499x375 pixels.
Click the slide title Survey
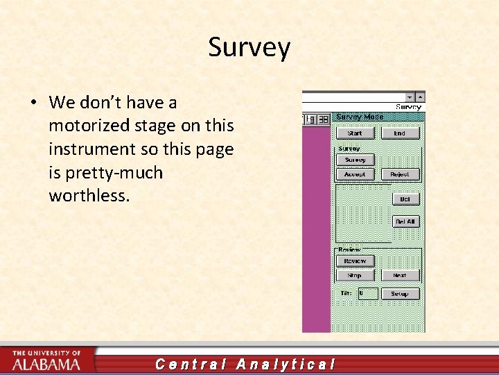[x=249, y=48]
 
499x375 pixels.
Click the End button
[x=399, y=133]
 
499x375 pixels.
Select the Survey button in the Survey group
[x=355, y=160]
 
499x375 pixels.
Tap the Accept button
[x=355, y=174]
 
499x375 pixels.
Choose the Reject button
[x=399, y=174]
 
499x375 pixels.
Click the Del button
[x=405, y=199]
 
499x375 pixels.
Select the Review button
[x=355, y=261]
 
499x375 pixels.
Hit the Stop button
[x=355, y=276]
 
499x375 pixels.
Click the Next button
[x=399, y=276]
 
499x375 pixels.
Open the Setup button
[x=399, y=294]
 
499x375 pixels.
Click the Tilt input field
[x=367, y=294]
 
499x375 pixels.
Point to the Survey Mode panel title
[x=359, y=117]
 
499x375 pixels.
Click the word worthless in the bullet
[x=89, y=196]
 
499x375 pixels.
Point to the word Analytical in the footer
[x=286, y=364]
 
